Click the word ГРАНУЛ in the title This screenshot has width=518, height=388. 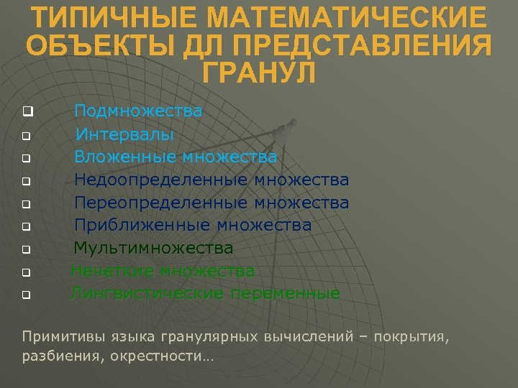pos(259,73)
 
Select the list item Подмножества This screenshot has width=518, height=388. pos(138,111)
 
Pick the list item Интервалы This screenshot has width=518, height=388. pos(124,134)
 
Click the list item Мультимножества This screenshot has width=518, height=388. pos(154,249)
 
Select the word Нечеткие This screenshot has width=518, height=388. pos(113,271)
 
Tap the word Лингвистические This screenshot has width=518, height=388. pos(147,293)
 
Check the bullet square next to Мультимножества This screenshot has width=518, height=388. pos(25,250)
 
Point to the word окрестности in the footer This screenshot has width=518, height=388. pos(162,355)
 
